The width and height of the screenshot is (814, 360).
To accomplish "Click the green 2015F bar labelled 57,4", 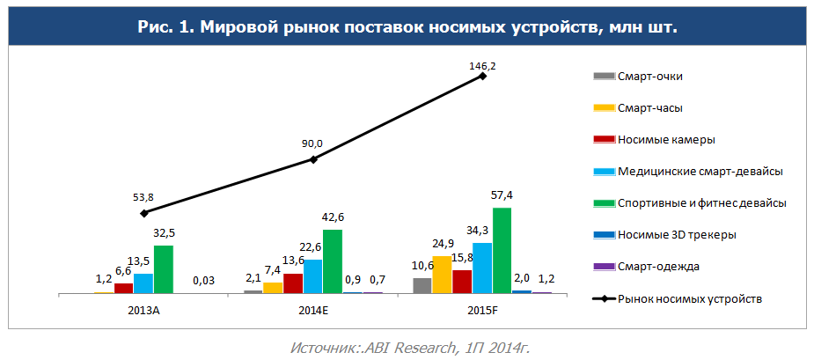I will click(x=502, y=251).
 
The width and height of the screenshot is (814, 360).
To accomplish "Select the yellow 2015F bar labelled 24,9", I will click(x=442, y=275).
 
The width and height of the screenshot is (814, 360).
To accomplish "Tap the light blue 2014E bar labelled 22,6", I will click(x=313, y=276).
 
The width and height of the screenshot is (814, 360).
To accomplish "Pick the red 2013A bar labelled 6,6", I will click(x=123, y=288).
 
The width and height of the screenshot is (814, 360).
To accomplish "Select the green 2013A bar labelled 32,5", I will click(x=163, y=269).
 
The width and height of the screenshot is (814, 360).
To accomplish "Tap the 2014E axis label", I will click(x=312, y=310).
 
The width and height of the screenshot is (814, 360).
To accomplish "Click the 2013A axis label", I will click(x=143, y=310).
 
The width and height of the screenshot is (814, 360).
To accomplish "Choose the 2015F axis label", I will click(x=482, y=310).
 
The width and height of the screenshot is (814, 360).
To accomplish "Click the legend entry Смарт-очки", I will click(x=650, y=76).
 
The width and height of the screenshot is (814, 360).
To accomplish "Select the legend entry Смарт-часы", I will click(x=650, y=107).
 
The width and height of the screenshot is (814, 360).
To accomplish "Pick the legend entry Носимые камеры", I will click(x=666, y=139).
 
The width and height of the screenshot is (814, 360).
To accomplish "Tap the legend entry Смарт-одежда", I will click(x=658, y=266).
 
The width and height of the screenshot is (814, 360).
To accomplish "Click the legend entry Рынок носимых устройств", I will click(x=689, y=298).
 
